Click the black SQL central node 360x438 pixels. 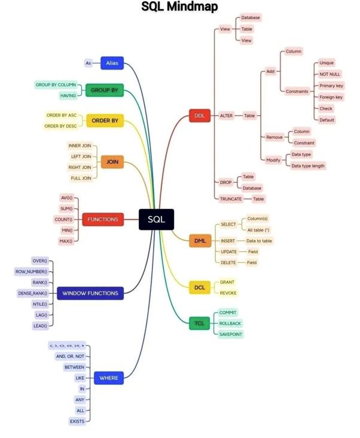[156, 220]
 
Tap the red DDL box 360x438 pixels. [200, 115]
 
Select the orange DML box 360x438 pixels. [200, 241]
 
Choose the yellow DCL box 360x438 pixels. [200, 288]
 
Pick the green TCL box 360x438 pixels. [199, 323]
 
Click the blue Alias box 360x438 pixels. [112, 62]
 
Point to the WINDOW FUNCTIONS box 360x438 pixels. [90, 293]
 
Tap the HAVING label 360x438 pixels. [68, 96]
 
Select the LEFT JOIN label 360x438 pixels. [81, 156]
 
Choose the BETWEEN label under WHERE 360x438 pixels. [75, 367]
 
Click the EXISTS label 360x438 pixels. [77, 421]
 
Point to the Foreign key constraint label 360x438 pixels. [331, 97]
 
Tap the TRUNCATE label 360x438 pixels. [230, 199]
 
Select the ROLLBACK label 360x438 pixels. [230, 323]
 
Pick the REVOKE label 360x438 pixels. [228, 293]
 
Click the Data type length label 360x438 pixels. [308, 166]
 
